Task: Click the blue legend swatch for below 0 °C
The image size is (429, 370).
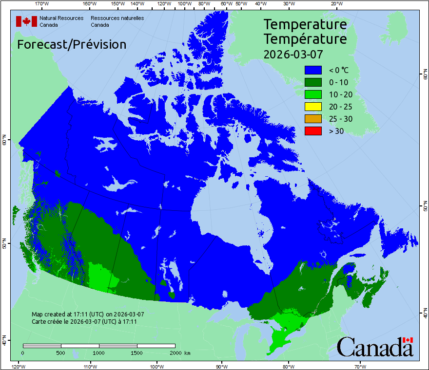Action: (x=313, y=70)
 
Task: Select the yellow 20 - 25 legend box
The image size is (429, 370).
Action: (x=313, y=107)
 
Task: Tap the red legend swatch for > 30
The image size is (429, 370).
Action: (x=313, y=130)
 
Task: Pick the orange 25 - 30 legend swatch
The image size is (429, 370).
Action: (x=313, y=119)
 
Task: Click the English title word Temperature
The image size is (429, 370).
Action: (x=305, y=24)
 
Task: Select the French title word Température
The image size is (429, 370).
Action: (x=305, y=38)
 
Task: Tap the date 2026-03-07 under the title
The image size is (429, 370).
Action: (x=293, y=54)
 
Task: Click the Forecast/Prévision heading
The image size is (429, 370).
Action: (x=72, y=45)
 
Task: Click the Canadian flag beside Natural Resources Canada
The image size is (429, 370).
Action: (x=26, y=21)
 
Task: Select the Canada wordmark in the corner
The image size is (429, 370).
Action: (x=375, y=347)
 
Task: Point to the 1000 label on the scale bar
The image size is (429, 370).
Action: (x=99, y=352)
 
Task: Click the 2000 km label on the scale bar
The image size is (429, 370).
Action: (x=179, y=352)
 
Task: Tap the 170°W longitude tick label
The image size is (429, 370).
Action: (x=42, y=4)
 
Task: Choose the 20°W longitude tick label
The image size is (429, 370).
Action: (x=336, y=4)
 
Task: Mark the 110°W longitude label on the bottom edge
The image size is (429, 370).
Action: (x=90, y=366)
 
